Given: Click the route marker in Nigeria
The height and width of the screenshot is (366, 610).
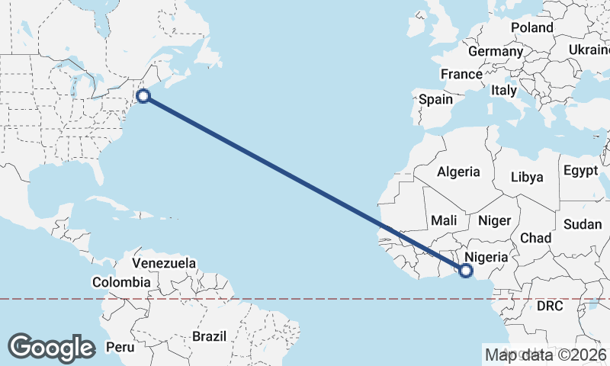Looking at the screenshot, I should click(465, 269).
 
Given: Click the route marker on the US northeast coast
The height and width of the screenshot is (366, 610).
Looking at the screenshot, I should click(143, 96).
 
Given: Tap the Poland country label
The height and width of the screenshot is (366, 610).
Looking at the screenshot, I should click(532, 27).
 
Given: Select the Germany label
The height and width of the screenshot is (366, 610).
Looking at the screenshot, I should click(496, 51).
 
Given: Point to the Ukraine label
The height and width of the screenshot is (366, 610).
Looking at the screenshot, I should click(589, 50).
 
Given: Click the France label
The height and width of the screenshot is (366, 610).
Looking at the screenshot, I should click(461, 74).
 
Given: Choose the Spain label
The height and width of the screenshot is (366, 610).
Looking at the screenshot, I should click(435, 99).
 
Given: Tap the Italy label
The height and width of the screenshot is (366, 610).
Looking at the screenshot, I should click(504, 90).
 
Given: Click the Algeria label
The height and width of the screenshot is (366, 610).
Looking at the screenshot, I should click(458, 172).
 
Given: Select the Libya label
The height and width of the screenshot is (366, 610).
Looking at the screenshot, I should click(527, 177).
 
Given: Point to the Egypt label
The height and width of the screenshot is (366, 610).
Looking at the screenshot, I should click(582, 171).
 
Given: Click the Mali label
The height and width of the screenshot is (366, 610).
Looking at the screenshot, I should click(444, 220).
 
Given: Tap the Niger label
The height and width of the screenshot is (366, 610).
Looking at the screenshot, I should click(493, 220).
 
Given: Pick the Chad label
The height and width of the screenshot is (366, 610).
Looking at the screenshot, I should click(535, 238).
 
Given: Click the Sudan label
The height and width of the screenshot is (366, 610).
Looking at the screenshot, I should click(583, 224).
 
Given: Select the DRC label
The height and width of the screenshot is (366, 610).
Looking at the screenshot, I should click(549, 307).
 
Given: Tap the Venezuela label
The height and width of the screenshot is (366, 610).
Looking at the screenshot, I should click(164, 263).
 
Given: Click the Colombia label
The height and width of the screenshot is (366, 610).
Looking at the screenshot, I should click(121, 282).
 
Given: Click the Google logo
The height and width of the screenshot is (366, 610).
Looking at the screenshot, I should click(51, 348).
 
